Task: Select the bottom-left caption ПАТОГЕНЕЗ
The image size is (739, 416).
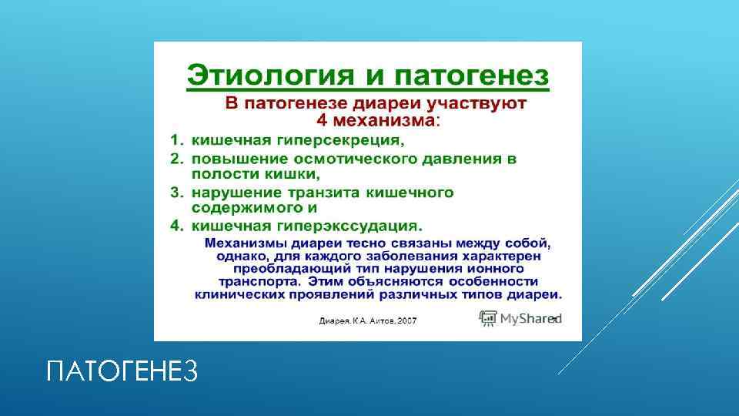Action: pos(122,373)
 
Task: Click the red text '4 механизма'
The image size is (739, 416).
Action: pos(375,120)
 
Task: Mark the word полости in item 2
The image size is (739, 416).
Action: pos(219,174)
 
